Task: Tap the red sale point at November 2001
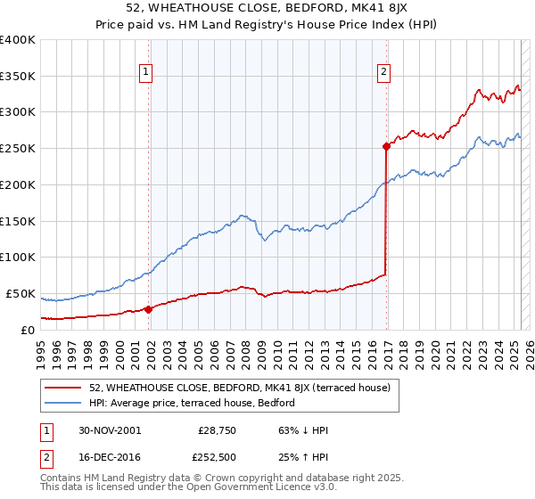pos(149,308)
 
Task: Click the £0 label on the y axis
pos(29,330)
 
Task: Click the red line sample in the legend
pos(64,388)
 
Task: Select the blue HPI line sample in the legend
pos(64,403)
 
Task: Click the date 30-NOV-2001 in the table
pos(110,430)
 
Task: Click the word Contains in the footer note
pos(63,479)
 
